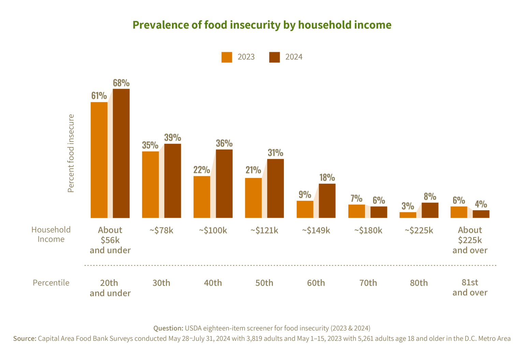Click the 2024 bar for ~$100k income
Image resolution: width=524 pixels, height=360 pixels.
[224, 184]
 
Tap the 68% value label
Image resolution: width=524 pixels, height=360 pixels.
[121, 83]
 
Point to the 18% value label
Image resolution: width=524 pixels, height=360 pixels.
[327, 178]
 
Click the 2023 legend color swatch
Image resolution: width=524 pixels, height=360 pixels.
[227, 57]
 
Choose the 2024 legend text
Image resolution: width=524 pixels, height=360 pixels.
[294, 57]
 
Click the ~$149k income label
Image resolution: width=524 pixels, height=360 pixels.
[316, 230]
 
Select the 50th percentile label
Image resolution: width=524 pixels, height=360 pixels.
[264, 283]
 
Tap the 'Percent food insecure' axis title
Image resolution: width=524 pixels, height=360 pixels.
[71, 153]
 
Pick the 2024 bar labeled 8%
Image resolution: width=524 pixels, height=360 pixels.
[430, 210]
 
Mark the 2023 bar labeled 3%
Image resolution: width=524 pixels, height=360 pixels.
[408, 215]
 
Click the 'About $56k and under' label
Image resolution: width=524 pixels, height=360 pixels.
[110, 240]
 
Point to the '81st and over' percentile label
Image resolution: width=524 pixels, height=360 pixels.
[470, 287]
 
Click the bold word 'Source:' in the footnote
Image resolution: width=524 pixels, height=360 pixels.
[24, 339]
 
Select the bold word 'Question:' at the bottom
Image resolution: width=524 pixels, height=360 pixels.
[168, 328]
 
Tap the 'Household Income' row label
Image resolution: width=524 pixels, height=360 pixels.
[51, 235]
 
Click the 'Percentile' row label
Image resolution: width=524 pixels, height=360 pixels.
[51, 283]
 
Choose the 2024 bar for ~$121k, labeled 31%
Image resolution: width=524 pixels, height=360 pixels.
[276, 189]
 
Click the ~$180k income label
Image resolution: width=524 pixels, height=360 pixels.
[368, 230]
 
